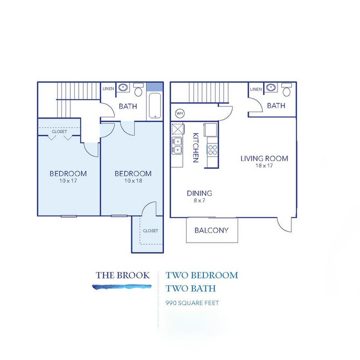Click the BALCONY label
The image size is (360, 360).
[x=211, y=231]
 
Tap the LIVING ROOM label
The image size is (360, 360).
[x=264, y=158]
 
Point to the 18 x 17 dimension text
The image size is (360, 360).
[x=264, y=166]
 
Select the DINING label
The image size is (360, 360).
[x=199, y=193]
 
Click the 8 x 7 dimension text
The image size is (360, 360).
[x=199, y=200]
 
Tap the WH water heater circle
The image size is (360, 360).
[x=179, y=113]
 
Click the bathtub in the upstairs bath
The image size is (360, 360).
[x=155, y=106]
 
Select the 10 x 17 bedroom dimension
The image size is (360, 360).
[x=69, y=181]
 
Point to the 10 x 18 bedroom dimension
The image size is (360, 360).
[x=133, y=181]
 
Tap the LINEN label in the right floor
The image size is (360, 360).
[x=256, y=89]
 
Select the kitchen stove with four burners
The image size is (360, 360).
[x=212, y=148]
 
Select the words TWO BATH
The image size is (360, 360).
[x=189, y=289]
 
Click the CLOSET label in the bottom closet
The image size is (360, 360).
[x=150, y=230]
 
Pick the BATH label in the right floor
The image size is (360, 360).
[x=276, y=106]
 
